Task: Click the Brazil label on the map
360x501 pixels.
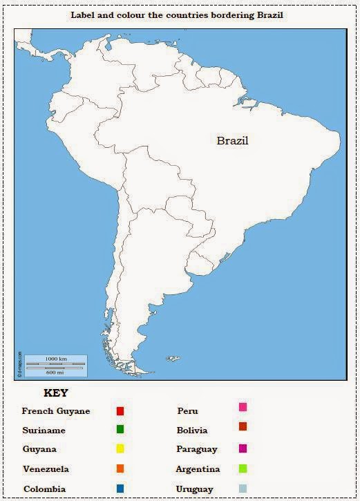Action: coord(232,141)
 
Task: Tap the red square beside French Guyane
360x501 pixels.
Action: coord(120,411)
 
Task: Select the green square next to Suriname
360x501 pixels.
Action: coord(120,429)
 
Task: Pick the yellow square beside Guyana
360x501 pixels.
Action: coord(120,448)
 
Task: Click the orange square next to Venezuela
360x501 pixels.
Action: coord(120,469)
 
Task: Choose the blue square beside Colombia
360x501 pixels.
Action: coord(120,489)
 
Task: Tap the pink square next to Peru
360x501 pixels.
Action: coord(243,408)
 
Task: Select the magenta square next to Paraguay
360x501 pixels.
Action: coord(243,448)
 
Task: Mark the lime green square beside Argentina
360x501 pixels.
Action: coord(243,468)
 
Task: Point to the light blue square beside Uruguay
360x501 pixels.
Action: coord(243,488)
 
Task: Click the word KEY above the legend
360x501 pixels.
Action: coord(56,393)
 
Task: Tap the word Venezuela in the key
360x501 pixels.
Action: coord(46,469)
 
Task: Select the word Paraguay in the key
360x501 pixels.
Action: coord(196,449)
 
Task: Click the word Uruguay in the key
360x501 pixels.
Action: coord(196,489)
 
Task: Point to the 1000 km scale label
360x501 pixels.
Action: coord(55,359)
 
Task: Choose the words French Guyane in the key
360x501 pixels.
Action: coord(56,411)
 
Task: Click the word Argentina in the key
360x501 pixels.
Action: coord(198,469)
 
